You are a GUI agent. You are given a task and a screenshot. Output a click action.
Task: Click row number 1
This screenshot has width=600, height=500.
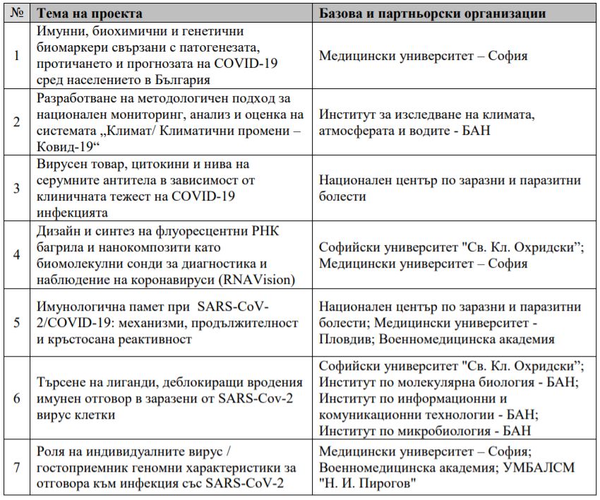click(16, 56)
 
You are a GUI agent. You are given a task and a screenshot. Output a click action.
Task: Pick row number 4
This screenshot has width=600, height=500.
click(16, 255)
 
